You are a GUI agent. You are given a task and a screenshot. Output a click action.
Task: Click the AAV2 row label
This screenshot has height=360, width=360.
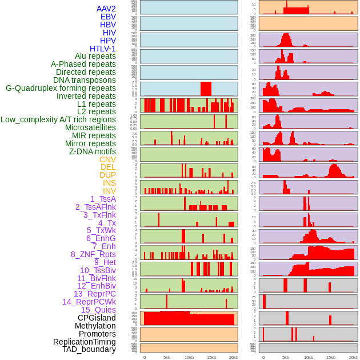pos(106,9)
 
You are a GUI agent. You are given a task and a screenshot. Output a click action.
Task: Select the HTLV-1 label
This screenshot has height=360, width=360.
pos(103,49)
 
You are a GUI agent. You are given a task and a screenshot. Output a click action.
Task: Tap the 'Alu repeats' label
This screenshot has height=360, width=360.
pos(95,56)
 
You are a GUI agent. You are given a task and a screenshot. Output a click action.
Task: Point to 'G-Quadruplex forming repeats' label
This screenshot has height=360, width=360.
pos(61,88)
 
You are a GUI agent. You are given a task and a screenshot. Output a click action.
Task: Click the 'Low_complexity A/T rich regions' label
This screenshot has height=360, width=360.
pos(58,119)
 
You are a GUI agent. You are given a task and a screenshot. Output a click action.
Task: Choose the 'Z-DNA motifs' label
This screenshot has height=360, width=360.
pos(93,151)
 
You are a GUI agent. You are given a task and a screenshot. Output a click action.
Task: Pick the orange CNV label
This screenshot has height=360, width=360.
pos(107,159)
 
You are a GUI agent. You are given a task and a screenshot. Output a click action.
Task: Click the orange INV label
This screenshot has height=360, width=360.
pos(109,191)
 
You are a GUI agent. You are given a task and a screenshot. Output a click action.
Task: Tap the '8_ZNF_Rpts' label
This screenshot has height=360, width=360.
pos(93,254)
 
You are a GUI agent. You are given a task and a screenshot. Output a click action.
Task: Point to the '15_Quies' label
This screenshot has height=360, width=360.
pos(98,310)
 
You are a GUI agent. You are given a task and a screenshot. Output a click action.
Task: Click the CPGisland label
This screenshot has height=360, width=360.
pos(97,318)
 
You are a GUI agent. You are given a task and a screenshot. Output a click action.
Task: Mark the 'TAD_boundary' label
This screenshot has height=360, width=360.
pos(89,349)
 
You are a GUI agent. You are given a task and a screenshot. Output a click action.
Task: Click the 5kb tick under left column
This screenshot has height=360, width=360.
pos(167,357)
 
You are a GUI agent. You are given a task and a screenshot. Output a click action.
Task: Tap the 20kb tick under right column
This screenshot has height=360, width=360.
pos(353,357)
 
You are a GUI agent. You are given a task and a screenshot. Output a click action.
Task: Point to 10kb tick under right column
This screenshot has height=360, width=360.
pos(309,357)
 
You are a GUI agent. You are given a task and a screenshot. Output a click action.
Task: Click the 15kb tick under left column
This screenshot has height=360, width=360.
pos(211,357)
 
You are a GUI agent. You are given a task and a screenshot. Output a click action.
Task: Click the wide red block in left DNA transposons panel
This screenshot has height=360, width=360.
pos(206,89)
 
